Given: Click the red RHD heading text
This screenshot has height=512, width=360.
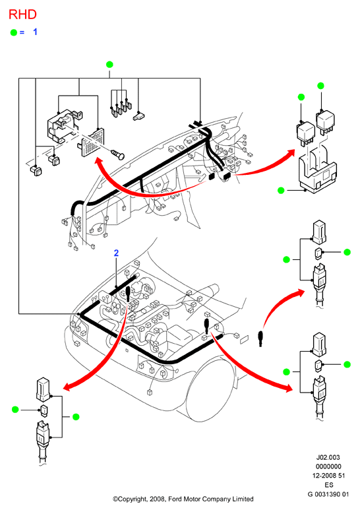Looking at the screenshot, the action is click(22, 15).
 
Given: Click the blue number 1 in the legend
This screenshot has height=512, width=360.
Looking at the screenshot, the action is click(35, 32).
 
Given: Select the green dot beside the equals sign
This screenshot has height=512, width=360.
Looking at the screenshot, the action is click(14, 32).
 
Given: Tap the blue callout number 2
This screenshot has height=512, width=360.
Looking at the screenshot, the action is click(116, 253).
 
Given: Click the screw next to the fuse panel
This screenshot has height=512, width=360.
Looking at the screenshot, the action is click(118, 154).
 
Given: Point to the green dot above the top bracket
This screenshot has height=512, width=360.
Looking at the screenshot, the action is click(109, 64).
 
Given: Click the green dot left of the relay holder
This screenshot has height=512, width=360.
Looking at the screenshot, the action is click(281, 190).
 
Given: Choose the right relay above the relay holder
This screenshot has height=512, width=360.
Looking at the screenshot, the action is click(325, 123).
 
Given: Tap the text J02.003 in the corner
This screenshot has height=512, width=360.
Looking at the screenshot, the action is click(328, 457).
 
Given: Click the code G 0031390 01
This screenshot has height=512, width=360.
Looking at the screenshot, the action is click(328, 494).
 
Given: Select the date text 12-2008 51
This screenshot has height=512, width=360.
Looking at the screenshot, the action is click(328, 476).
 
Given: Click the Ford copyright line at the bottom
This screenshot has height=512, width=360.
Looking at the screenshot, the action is click(183, 499).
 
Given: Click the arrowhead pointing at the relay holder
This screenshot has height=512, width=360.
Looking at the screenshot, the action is click(290, 154).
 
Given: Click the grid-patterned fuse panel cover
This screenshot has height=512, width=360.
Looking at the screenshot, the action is click(92, 143).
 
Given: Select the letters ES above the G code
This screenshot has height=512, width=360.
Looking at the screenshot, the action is click(328, 485).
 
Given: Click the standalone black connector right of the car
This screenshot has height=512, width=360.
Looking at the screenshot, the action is click(260, 338).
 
